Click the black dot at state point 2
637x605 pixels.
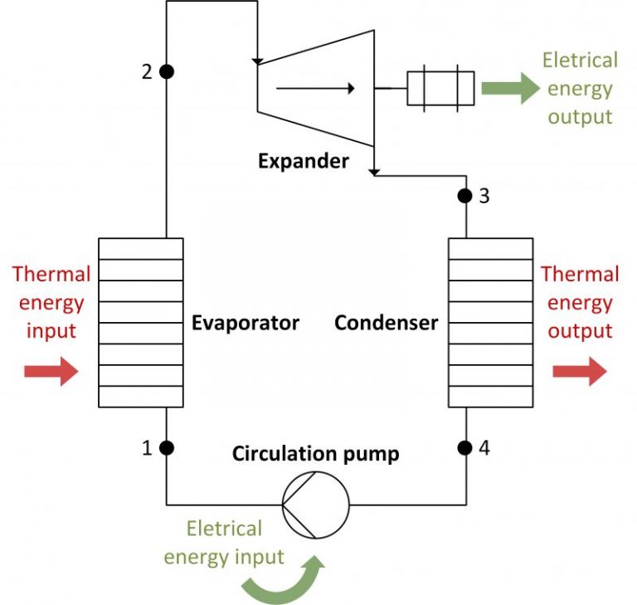tap(167, 71)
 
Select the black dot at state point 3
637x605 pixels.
tap(465, 197)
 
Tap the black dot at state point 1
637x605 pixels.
tap(167, 448)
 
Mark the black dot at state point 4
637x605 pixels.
tap(465, 448)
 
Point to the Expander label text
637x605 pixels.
tap(303, 161)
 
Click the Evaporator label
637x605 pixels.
tap(245, 322)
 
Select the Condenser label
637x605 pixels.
tap(386, 322)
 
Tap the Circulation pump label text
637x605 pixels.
tap(315, 454)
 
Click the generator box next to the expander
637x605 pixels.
tap(440, 89)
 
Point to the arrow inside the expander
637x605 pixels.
tap(315, 87)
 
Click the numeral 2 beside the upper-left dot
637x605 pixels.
tap(147, 72)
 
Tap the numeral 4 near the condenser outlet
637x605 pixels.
tap(484, 448)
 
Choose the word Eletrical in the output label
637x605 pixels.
tap(580, 61)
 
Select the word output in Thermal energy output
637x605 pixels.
tap(580, 330)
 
